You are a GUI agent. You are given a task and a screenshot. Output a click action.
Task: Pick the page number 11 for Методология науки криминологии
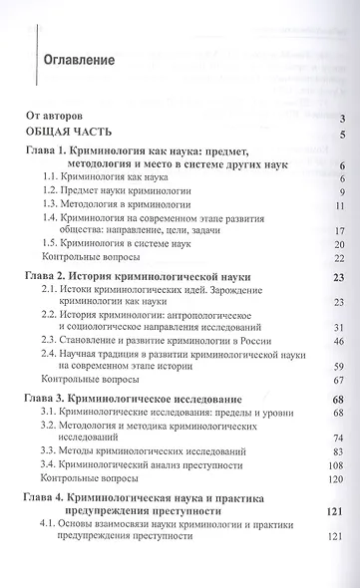338,205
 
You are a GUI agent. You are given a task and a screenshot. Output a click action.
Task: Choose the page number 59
338,369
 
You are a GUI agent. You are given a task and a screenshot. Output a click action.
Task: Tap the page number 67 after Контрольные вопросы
338,382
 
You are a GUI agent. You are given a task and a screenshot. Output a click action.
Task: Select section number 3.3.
54,452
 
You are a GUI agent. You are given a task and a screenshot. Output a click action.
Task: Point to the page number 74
338,439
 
